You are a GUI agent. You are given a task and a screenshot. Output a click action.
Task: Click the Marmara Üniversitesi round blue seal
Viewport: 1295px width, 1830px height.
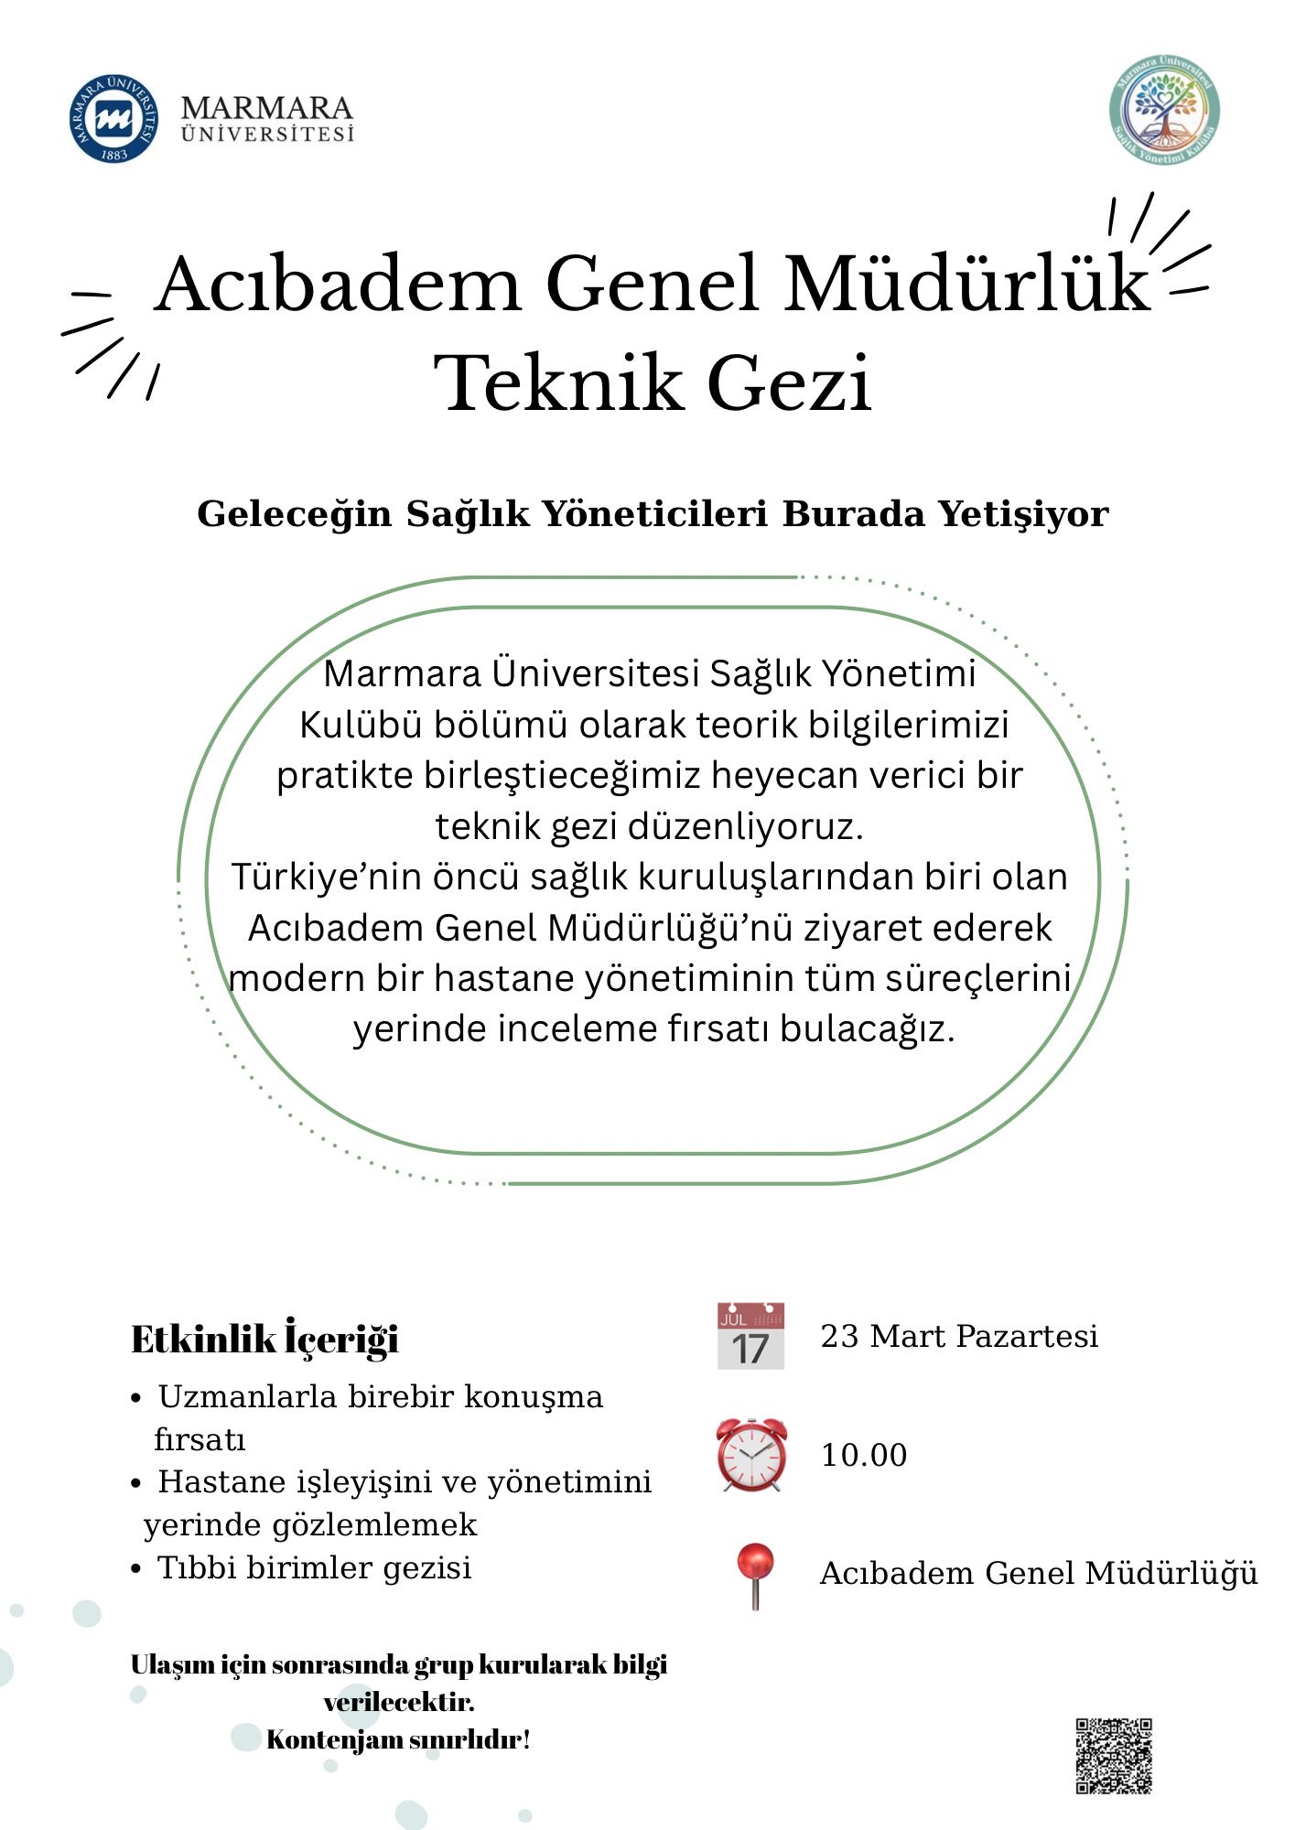point(113,119)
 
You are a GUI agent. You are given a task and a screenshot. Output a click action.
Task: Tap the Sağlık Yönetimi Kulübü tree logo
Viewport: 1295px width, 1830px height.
point(1164,109)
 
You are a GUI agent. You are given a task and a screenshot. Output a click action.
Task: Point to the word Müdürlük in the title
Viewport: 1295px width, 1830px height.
point(967,284)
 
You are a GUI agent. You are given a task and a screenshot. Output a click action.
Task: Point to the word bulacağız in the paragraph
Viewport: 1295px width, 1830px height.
point(867,1028)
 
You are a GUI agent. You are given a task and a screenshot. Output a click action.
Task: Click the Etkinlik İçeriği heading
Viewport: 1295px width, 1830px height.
point(265,1340)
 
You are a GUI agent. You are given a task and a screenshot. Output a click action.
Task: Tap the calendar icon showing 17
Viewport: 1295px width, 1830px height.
point(750,1337)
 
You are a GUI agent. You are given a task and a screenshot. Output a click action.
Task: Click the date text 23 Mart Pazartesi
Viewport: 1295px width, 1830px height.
point(959,1337)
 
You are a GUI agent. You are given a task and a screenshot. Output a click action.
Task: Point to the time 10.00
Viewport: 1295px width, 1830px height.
point(864,1455)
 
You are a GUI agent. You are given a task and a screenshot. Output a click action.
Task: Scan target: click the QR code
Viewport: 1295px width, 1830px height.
point(1113,1756)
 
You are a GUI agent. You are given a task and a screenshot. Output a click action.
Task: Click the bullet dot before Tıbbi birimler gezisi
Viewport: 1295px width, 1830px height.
point(135,1569)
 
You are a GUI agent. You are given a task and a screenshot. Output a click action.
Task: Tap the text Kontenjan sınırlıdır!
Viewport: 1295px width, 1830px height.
point(398,1739)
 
